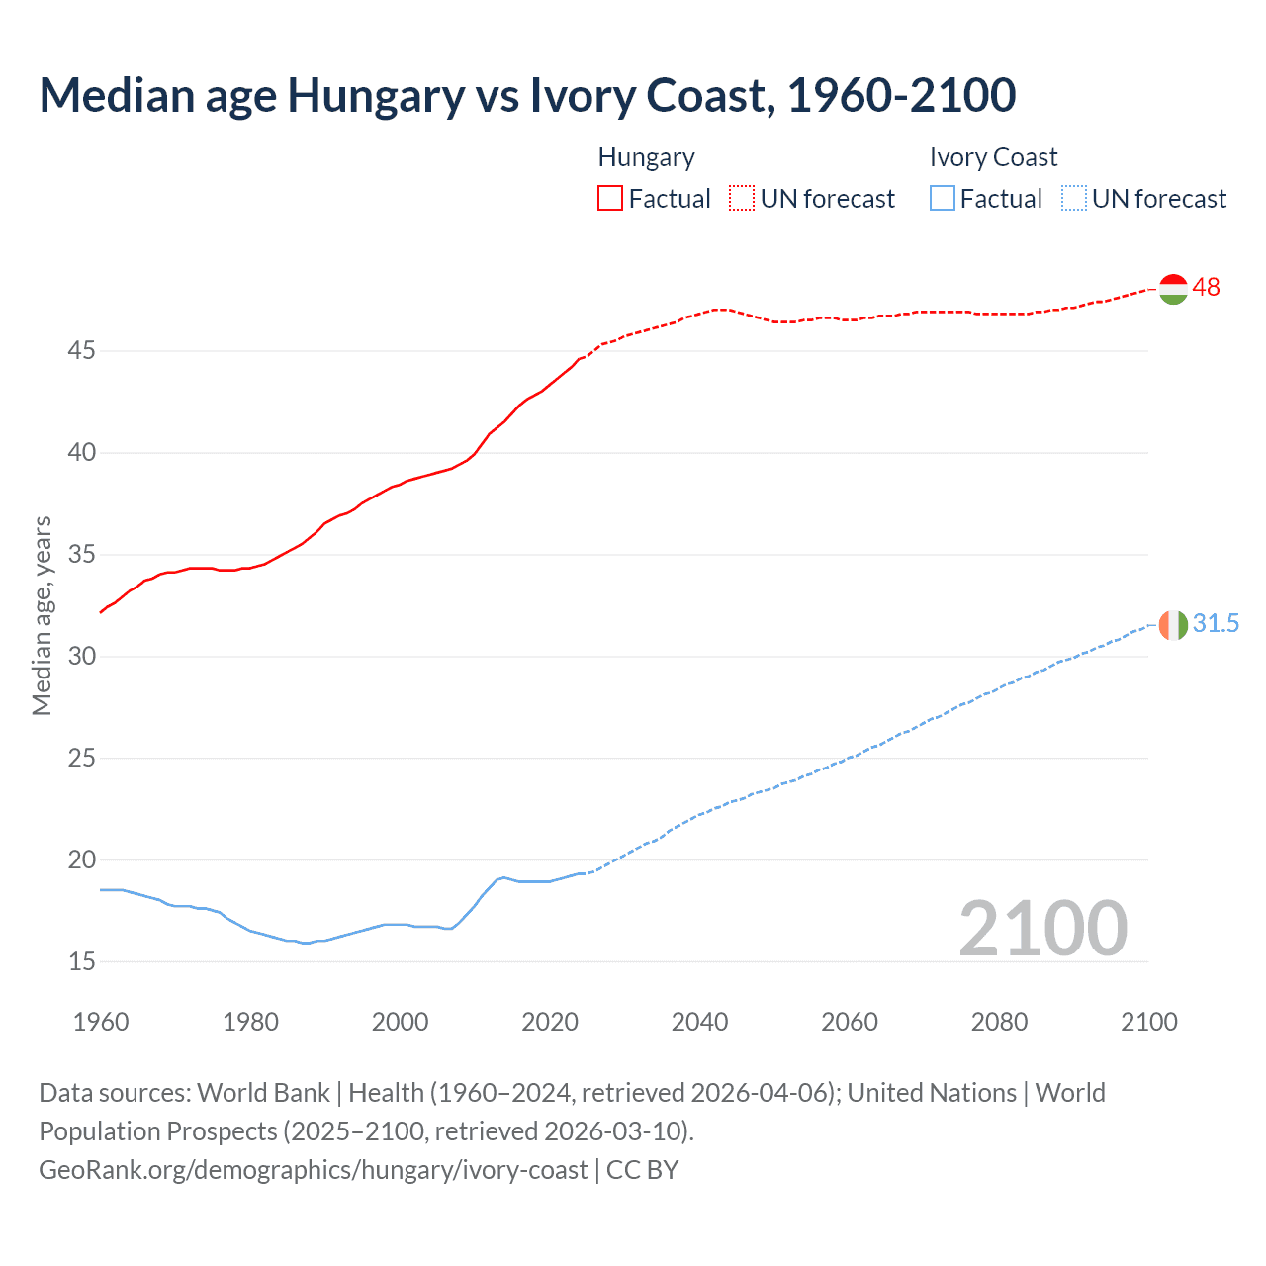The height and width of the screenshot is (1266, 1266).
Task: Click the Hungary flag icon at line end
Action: pos(1173,289)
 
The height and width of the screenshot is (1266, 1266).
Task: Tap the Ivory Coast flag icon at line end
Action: pos(1173,625)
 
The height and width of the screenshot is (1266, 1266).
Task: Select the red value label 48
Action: pos(1207,288)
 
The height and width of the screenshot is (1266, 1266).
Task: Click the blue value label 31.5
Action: pos(1216,623)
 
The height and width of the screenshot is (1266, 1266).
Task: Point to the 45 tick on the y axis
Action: pos(82,351)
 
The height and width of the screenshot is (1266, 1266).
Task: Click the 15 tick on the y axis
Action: pos(82,961)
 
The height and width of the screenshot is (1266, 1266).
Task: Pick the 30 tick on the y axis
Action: pos(82,657)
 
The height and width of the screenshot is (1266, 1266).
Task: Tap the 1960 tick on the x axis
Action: pos(101,1022)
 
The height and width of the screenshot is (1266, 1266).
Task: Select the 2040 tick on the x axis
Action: pos(699,1022)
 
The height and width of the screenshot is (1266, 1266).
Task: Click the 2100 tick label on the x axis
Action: pos(1148,1022)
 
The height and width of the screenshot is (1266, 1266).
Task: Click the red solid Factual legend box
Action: pos(610,199)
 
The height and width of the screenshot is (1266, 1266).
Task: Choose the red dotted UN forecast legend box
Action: pos(742,199)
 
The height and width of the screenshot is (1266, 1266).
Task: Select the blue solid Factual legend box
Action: pos(942,199)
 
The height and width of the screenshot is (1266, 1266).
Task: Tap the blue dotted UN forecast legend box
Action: pos(1073,199)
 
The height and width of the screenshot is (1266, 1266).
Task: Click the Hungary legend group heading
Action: pos(646,157)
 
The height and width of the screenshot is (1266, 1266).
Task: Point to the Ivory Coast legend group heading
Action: pos(993,157)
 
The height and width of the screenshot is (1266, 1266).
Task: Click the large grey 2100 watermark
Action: pos(1042,929)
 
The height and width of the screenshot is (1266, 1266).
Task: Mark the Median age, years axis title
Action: pos(42,615)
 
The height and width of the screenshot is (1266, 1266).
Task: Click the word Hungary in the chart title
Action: pos(376,96)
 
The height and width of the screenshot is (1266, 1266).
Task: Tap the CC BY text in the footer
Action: pos(642,1170)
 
